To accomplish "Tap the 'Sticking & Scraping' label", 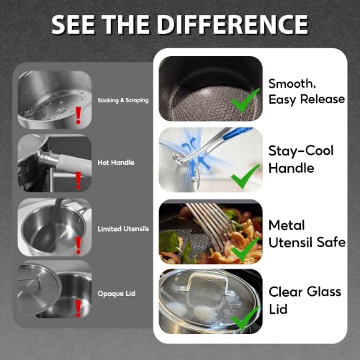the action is (x=123, y=100).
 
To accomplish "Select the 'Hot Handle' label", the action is (x=116, y=163).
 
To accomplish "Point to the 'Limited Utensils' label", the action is (x=123, y=229).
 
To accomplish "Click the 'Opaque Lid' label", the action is (x=116, y=294).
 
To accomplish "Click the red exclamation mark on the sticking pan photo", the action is (x=78, y=115).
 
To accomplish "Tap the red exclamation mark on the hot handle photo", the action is (x=78, y=181).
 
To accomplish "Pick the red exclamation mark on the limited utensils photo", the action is (x=78, y=245).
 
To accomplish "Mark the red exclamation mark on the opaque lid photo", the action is (x=78, y=308).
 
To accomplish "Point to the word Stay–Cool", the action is (x=301, y=150).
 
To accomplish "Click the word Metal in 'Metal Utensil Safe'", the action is (x=287, y=225).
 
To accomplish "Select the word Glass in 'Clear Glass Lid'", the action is (x=324, y=292).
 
